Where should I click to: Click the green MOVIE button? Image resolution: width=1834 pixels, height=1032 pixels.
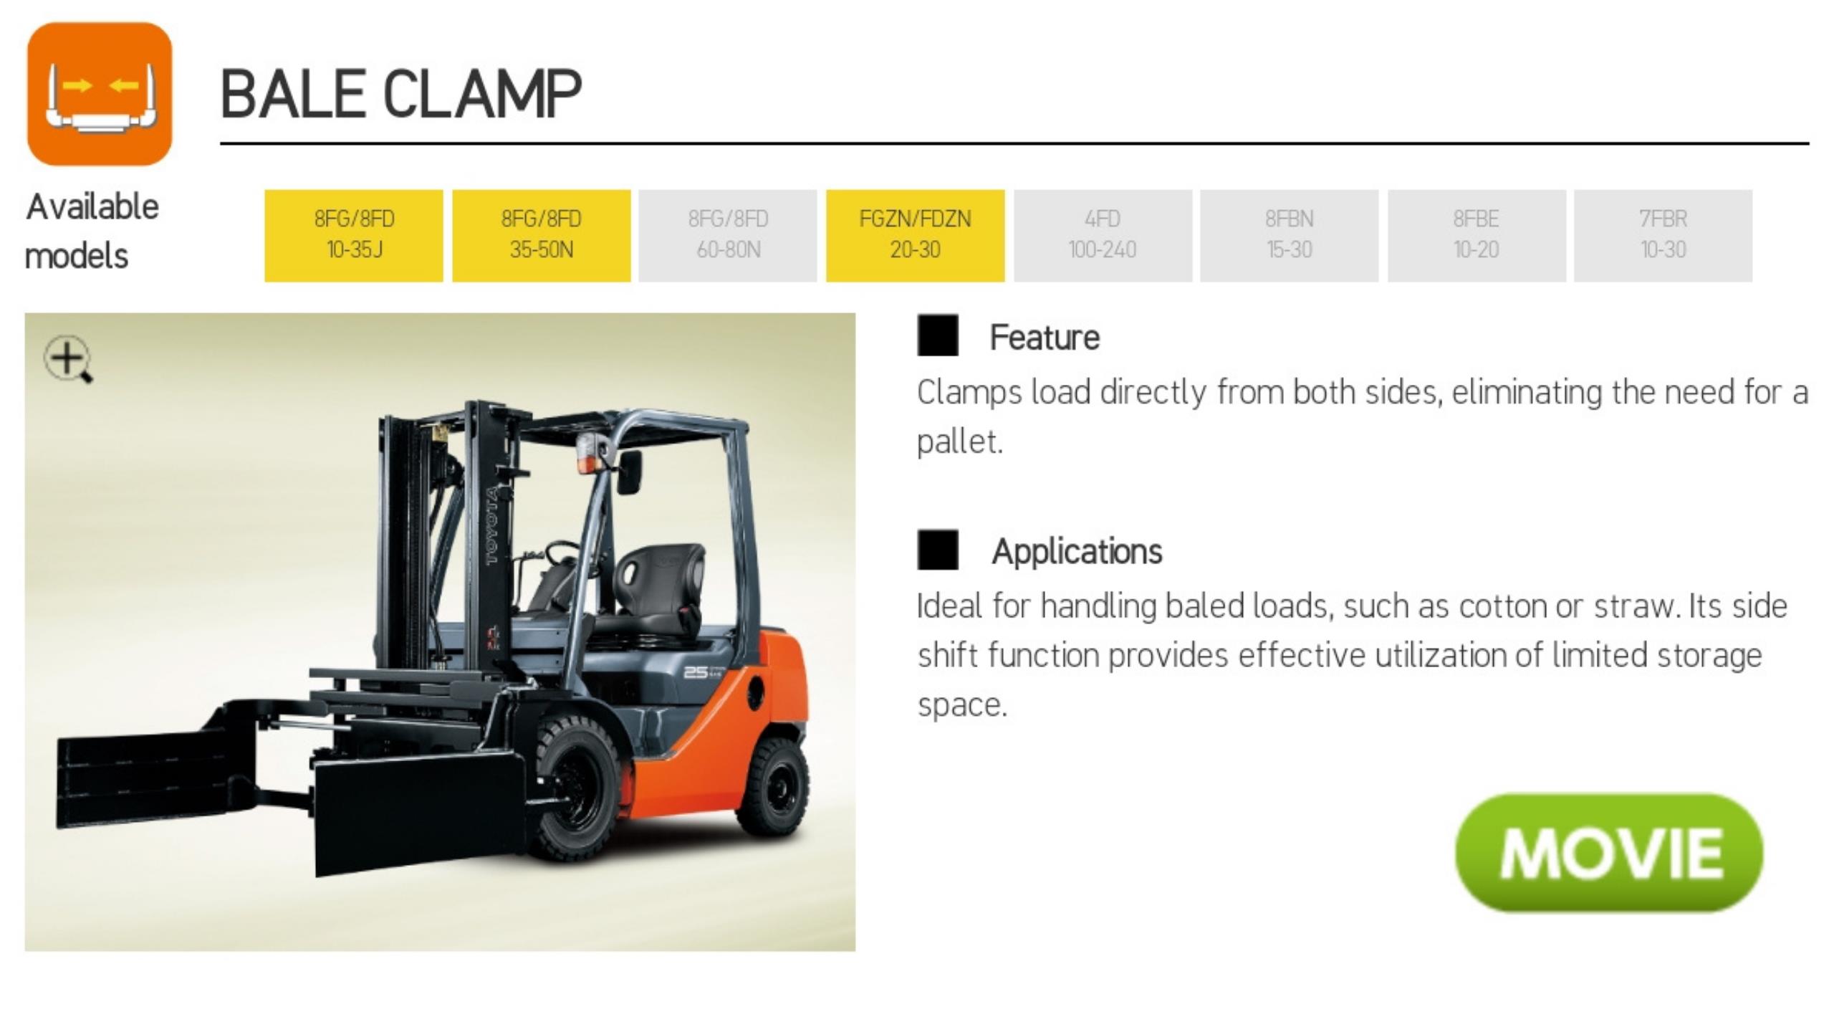(x=1609, y=852)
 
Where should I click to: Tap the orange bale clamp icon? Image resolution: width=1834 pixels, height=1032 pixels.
(x=100, y=94)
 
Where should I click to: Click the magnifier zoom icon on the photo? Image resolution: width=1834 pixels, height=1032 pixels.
(x=68, y=359)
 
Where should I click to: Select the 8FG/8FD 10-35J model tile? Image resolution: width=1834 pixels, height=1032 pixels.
(x=354, y=236)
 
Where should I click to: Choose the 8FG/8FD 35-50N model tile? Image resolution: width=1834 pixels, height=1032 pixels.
(x=542, y=236)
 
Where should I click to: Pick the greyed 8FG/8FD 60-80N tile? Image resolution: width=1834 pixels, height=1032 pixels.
(x=728, y=236)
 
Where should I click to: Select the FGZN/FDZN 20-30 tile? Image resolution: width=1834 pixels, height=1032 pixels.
(x=916, y=236)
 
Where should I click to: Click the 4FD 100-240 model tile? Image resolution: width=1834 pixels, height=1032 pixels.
(x=1103, y=236)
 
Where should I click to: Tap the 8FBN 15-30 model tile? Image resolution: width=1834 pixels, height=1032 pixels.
(x=1290, y=236)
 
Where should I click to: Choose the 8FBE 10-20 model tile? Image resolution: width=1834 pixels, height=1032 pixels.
(x=1477, y=236)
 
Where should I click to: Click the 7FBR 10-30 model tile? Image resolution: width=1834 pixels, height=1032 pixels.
(x=1663, y=236)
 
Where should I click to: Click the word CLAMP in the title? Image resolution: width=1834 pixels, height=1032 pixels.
(x=482, y=94)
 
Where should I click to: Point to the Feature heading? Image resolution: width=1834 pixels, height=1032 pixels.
(x=1045, y=338)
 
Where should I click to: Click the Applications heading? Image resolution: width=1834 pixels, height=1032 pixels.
(x=1077, y=552)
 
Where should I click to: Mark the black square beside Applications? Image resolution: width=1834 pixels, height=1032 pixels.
(x=938, y=550)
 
